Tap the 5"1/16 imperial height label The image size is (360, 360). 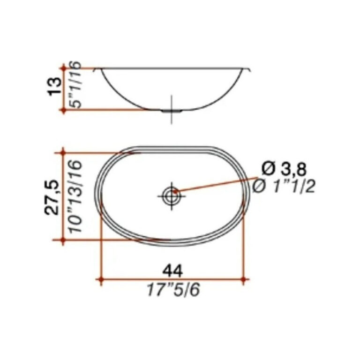(75, 85)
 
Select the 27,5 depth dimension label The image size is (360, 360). (52, 197)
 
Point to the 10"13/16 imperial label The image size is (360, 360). (75, 196)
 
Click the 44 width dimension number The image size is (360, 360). (172, 271)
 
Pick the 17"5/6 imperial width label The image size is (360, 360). (173, 290)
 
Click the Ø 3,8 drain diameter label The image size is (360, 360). (284, 170)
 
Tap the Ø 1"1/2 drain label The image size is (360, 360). (284, 187)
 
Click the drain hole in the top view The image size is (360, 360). (172, 196)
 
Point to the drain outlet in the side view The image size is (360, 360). (172, 111)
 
